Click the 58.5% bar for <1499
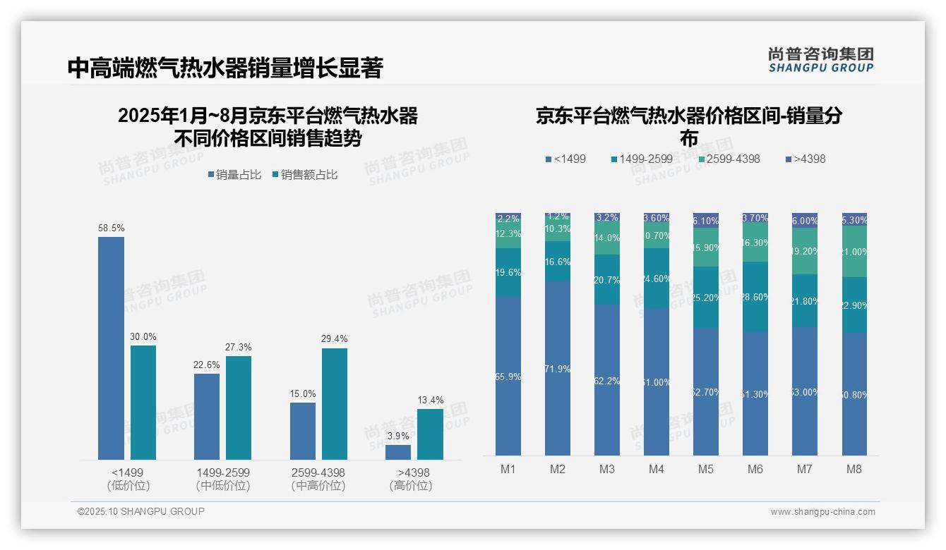pyautogui.click(x=111, y=348)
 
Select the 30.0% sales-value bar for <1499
pyautogui.click(x=143, y=403)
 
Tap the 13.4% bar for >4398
pyautogui.click(x=430, y=434)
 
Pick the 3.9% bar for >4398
pyautogui.click(x=398, y=452)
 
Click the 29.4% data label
pyautogui.click(x=334, y=339)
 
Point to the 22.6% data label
pyautogui.click(x=207, y=365)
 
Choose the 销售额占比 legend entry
pyautogui.click(x=304, y=175)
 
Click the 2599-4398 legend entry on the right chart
pyautogui.click(x=729, y=159)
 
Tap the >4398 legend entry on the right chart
pyautogui.click(x=805, y=159)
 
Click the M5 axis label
pyautogui.click(x=706, y=470)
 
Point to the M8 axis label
pyautogui.click(x=854, y=470)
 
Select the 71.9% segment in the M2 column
pyautogui.click(x=558, y=368)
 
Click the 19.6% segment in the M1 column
pyautogui.click(x=508, y=272)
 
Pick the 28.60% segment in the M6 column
pyautogui.click(x=755, y=297)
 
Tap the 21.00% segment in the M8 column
pyautogui.click(x=854, y=252)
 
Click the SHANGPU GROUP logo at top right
pyautogui.click(x=820, y=60)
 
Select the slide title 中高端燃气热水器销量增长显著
pyautogui.click(x=225, y=68)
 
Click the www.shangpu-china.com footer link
pyautogui.click(x=822, y=512)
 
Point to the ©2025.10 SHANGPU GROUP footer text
pyautogui.click(x=141, y=511)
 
